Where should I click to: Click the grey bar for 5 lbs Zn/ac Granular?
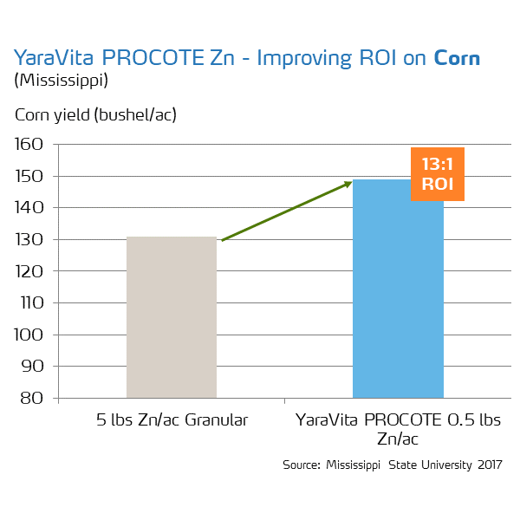172,317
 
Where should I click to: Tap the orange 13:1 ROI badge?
438,174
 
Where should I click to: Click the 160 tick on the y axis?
33,145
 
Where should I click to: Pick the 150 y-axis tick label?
33,177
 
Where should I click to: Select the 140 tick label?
33,208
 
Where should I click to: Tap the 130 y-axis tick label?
33,240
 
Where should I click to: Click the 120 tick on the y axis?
33,271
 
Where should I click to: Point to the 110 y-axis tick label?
33,303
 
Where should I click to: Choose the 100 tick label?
33,335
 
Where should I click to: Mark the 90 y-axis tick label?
36,367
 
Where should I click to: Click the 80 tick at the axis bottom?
36,399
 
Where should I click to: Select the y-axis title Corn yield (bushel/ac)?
101,114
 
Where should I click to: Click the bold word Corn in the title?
457,58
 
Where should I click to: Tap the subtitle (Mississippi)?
60,81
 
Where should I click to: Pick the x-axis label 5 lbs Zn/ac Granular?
172,420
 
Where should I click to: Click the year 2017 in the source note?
488,465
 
